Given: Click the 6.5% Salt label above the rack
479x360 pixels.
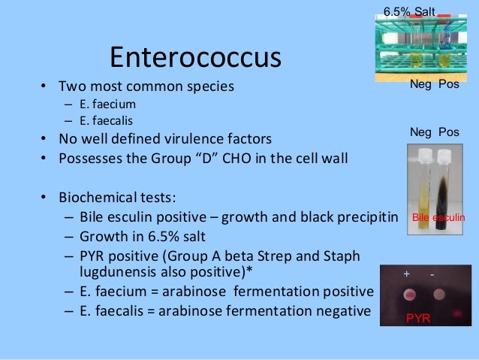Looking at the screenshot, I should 409,12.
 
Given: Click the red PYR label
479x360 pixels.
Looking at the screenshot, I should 418,319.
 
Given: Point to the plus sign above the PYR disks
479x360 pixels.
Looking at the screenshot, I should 407,274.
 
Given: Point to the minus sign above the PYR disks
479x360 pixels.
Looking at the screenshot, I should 432,274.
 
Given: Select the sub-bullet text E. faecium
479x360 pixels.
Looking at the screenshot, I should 104,104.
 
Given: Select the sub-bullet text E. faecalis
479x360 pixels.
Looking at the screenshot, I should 104,121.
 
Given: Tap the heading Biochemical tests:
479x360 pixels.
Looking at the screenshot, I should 118,198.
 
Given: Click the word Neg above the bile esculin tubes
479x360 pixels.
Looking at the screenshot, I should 420,132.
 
